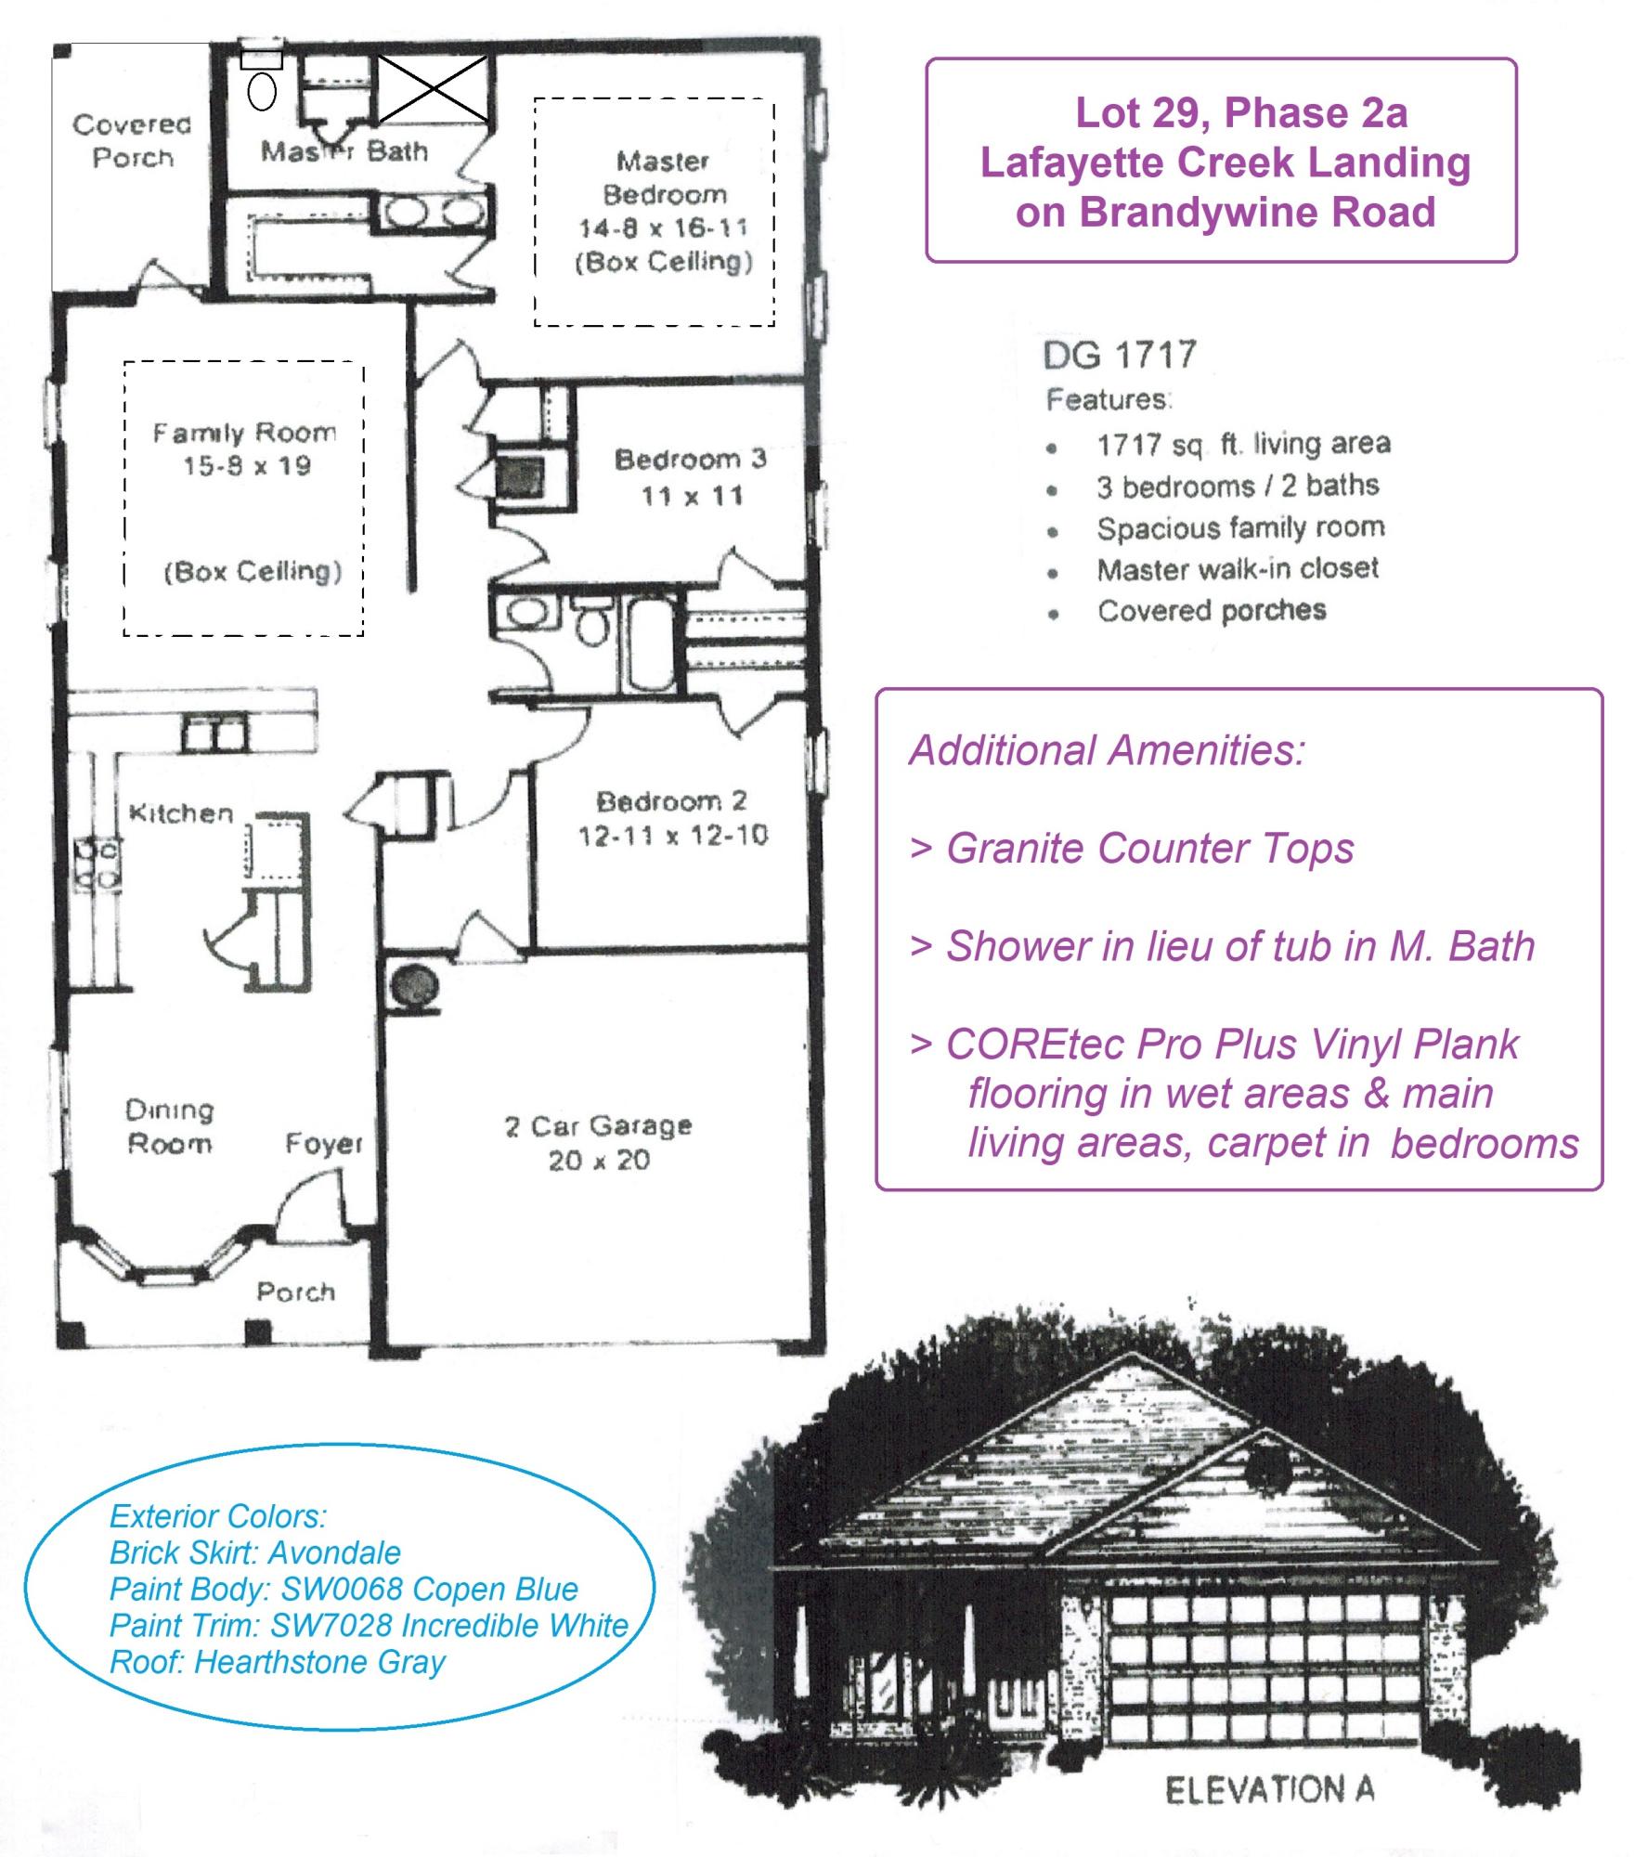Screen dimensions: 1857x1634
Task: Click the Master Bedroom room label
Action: [x=664, y=178]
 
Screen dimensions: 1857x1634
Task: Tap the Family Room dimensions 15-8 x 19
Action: [x=246, y=466]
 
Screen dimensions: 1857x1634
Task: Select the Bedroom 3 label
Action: [x=690, y=460]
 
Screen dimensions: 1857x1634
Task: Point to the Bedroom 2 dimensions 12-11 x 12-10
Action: [x=672, y=836]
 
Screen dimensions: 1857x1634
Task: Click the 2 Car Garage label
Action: [x=598, y=1126]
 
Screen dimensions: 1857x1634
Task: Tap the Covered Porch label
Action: [x=132, y=140]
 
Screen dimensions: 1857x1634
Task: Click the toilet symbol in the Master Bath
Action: [x=262, y=91]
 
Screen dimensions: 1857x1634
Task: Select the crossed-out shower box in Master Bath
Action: [x=433, y=89]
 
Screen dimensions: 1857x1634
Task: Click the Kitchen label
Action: [x=181, y=813]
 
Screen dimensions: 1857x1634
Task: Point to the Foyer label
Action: [x=323, y=1144]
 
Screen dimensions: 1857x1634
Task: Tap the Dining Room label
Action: [x=169, y=1126]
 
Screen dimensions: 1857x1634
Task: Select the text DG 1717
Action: [x=1120, y=355]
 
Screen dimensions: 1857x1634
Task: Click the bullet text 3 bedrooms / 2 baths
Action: [x=1237, y=486]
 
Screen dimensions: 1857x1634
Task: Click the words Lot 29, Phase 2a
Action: [x=1240, y=113]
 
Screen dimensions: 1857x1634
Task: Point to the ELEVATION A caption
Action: [x=1269, y=1789]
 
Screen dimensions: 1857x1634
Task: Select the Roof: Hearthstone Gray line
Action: [x=277, y=1661]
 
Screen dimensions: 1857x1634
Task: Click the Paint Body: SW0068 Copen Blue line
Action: [x=344, y=1589]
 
